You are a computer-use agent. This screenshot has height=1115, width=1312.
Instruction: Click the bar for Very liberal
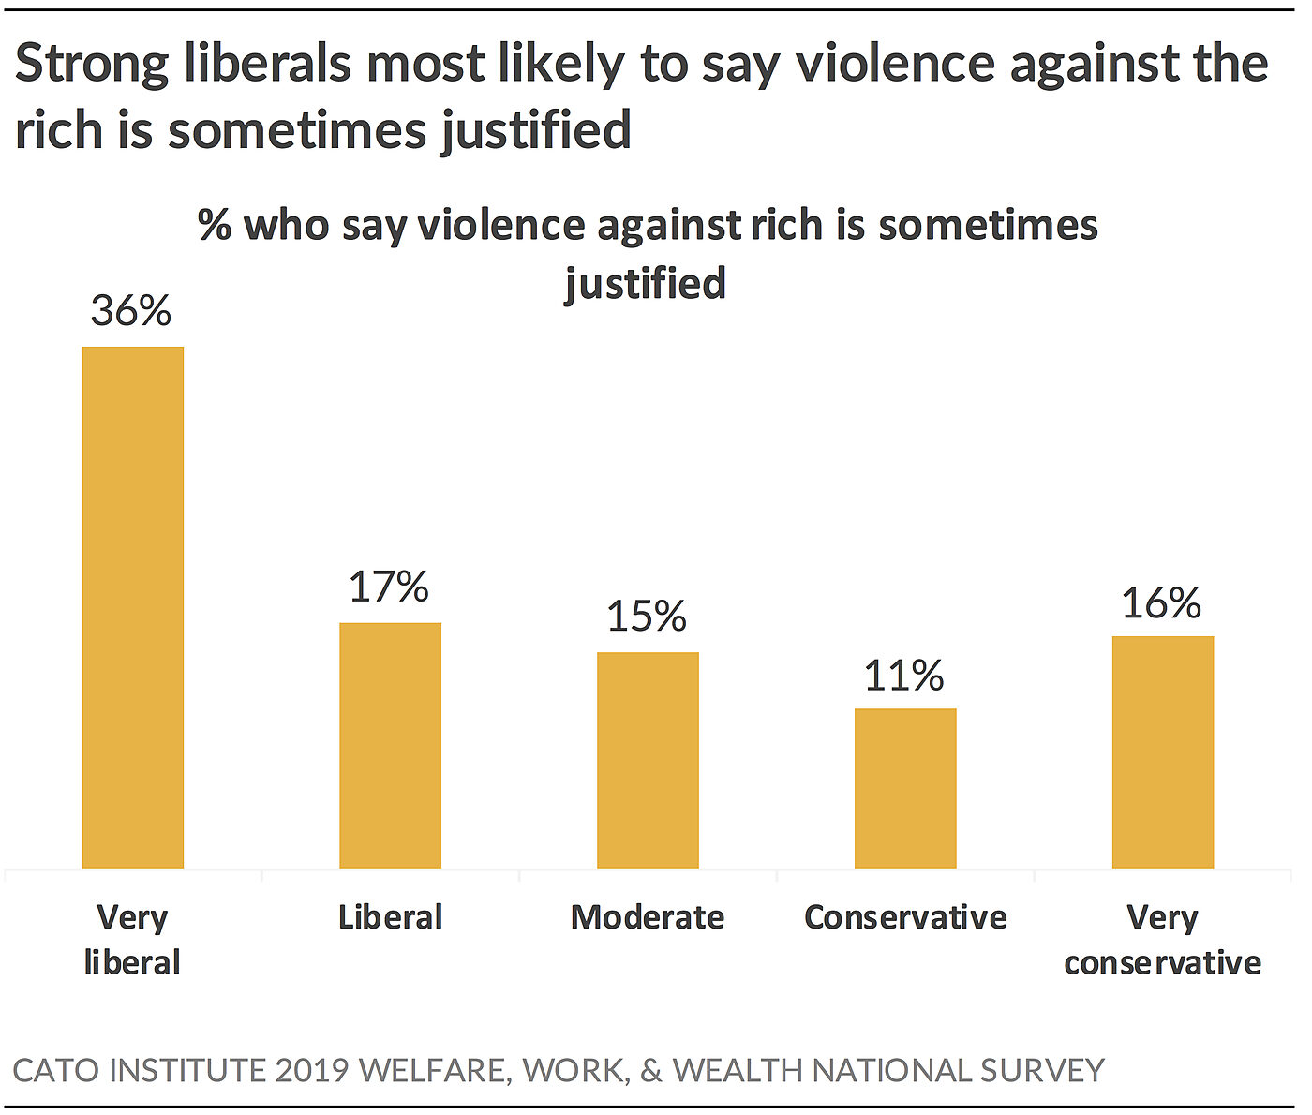[x=132, y=607]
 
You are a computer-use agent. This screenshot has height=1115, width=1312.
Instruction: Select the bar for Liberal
[x=390, y=745]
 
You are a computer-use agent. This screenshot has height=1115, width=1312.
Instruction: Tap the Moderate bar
[x=648, y=760]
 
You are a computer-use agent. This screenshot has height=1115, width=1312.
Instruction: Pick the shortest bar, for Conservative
[x=905, y=788]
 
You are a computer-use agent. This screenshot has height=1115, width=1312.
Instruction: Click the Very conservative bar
[x=1162, y=752]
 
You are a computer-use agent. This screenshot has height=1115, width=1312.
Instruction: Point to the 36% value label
[x=131, y=311]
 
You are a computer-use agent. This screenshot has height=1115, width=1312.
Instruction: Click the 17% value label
[x=389, y=587]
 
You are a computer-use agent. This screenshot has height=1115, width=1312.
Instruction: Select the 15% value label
[x=647, y=617]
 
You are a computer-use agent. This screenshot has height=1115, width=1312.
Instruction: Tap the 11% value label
[x=903, y=676]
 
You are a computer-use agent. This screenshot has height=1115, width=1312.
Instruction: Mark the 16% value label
[x=1161, y=603]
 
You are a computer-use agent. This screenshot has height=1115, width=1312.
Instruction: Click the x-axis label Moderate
[x=648, y=916]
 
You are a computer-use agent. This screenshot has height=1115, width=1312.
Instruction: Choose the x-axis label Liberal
[x=390, y=916]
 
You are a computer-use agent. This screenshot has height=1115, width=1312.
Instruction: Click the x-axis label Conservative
[x=905, y=916]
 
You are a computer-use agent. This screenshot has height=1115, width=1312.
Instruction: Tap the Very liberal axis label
[x=132, y=939]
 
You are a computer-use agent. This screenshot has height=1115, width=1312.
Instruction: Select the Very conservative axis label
[x=1162, y=939]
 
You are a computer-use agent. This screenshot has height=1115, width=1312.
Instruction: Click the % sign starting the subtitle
[x=215, y=225]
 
